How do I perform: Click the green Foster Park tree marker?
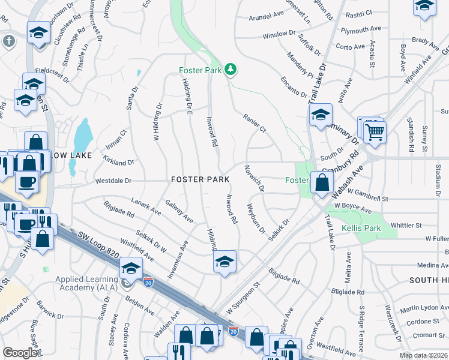click(230, 70)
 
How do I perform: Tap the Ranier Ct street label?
click(254, 122)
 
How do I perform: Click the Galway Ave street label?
click(179, 211)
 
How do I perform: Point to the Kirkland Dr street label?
click(118, 162)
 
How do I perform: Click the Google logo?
click(20, 353)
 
